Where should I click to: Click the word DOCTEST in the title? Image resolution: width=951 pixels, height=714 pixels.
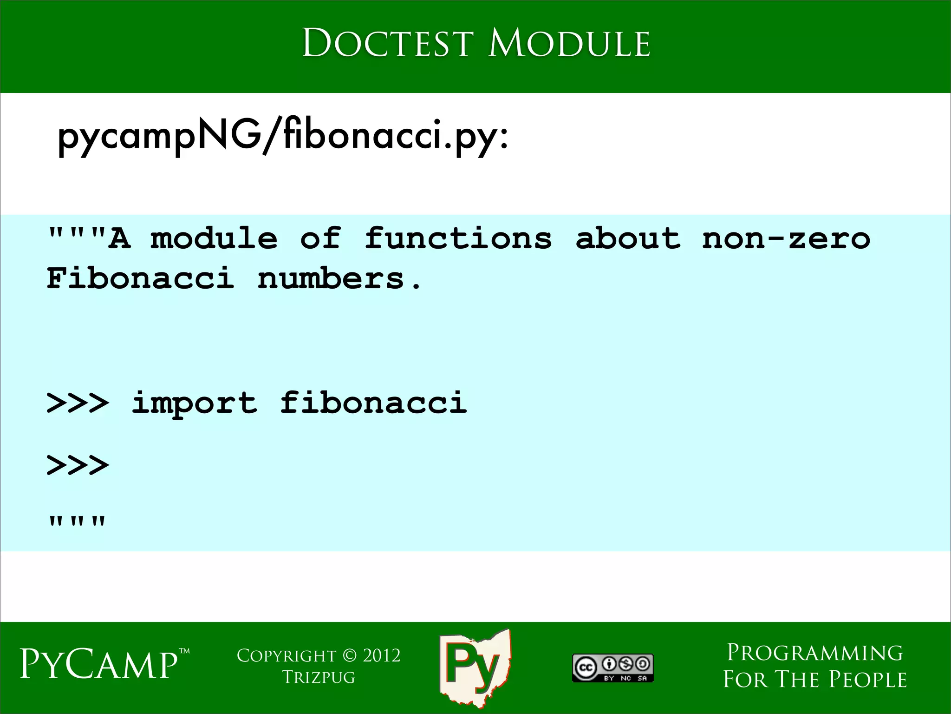[388, 43]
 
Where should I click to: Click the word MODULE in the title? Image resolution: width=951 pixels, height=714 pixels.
[569, 43]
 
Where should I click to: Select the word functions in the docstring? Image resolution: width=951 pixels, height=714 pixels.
[458, 238]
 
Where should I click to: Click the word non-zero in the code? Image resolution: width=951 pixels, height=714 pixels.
[786, 238]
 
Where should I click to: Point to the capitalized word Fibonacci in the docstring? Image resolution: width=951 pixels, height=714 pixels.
[140, 279]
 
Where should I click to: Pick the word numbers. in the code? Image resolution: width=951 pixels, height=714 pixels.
[339, 279]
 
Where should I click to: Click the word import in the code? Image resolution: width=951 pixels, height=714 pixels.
[194, 403]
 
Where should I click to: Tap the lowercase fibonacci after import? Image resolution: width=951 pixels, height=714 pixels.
[373, 403]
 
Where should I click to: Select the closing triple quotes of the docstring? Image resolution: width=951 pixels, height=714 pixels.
[78, 522]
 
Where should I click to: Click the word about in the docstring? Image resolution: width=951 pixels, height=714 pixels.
[628, 238]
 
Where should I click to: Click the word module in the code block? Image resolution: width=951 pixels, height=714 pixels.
[214, 238]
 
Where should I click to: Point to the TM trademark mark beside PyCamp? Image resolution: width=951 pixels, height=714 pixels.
[184, 651]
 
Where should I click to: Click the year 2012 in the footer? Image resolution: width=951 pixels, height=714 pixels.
[381, 656]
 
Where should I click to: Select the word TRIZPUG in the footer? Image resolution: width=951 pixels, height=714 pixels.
[319, 677]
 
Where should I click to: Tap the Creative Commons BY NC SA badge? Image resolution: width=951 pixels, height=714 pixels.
[612, 668]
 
